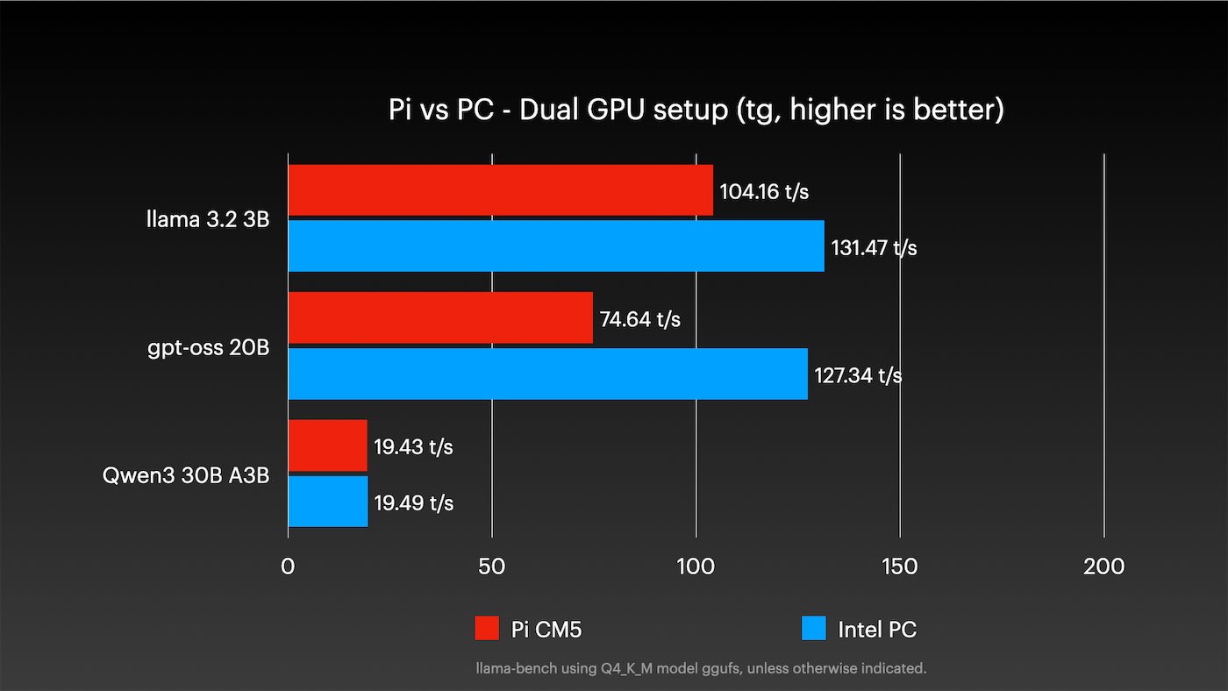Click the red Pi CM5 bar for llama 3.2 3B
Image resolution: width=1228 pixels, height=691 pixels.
coord(500,190)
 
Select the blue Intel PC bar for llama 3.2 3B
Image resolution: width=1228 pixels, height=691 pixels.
coord(556,246)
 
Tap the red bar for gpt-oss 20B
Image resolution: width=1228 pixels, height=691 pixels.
coord(440,318)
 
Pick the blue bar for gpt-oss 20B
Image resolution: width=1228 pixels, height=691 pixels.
coord(547,374)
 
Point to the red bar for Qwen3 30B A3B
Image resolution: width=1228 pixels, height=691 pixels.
coord(327,445)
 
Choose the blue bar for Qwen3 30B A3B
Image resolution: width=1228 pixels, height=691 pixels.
coord(327,502)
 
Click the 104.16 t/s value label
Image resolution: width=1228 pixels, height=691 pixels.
coord(764,191)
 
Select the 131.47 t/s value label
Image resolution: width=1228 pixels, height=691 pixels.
coord(875,248)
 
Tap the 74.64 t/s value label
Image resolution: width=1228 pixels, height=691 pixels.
coord(640,319)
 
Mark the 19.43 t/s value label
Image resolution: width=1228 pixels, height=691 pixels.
coord(414,446)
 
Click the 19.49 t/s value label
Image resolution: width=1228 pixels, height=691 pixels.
coord(414,503)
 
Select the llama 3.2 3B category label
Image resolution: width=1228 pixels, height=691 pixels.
coord(208,219)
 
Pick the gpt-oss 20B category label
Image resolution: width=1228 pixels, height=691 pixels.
coord(209,348)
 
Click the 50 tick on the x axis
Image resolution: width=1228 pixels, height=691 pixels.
coord(492,566)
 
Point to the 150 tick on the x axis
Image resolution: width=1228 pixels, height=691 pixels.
coord(900,566)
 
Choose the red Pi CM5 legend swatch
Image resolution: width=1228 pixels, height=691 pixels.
coord(487,629)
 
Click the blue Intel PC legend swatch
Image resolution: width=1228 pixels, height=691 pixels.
coord(814,629)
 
